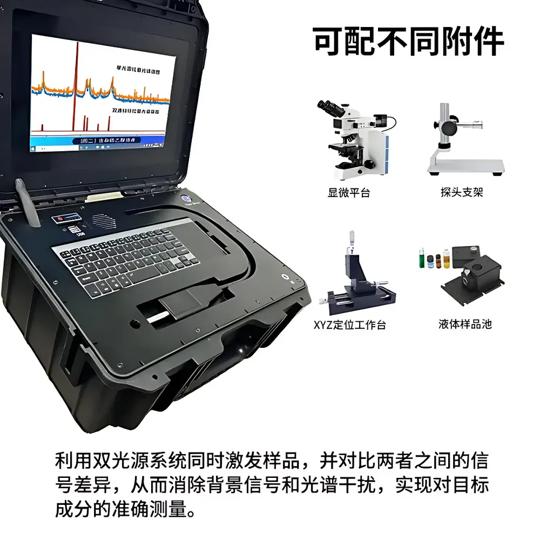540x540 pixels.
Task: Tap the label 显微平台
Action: point(349,193)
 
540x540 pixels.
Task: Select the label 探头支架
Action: point(462,193)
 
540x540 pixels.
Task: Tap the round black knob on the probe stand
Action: point(449,128)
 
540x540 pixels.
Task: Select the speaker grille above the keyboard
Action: point(103,221)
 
